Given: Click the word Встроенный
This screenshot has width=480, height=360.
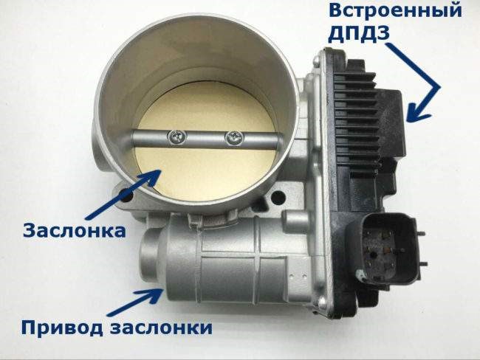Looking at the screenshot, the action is point(396,11).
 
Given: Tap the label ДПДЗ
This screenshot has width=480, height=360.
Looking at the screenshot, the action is point(359,33).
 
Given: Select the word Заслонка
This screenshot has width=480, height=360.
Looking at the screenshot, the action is point(75,231).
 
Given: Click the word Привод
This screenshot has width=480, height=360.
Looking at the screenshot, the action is point(62,328).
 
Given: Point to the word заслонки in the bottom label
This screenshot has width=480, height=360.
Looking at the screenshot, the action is point(161,328).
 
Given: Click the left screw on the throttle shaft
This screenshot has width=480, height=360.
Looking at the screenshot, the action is point(177,137).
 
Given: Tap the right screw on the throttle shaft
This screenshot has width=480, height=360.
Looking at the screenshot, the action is point(234,138).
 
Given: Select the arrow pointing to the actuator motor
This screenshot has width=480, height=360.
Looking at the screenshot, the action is point(134,302).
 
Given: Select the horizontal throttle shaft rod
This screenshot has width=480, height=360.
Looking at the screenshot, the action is point(205,139).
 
